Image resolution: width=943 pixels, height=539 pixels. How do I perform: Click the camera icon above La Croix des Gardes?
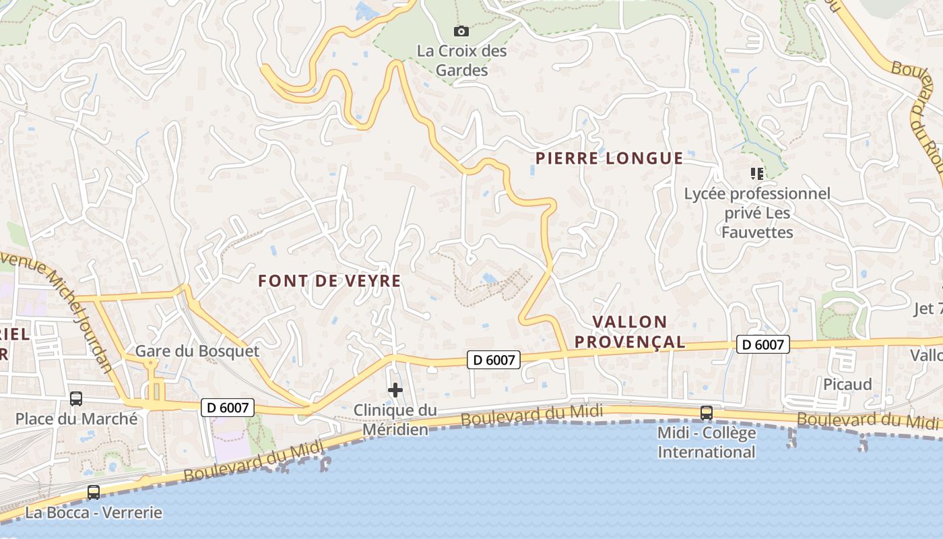461,31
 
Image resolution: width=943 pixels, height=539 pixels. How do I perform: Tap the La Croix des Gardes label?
461,60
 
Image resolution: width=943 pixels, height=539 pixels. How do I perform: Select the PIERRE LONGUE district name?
610,158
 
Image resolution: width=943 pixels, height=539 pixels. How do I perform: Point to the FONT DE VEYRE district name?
329,281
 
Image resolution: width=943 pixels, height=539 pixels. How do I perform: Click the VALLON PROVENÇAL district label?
630,331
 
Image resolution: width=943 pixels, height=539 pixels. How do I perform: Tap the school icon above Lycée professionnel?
757,174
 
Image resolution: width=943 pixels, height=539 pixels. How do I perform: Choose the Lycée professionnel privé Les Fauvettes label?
757,213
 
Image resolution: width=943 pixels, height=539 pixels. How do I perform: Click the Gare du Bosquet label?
197,351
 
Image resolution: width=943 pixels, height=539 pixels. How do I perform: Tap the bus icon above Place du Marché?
76,399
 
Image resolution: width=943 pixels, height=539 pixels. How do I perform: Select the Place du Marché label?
76,418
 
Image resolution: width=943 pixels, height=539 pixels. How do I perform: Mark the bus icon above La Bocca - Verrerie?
94,493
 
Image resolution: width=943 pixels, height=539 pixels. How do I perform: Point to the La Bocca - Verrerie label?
94,513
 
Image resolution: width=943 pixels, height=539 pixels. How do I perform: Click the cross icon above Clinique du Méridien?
395,390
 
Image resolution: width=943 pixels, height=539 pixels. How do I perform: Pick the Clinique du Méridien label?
395,419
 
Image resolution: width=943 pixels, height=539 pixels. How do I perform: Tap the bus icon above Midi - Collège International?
707,412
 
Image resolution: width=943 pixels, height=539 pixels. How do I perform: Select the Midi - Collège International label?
707,442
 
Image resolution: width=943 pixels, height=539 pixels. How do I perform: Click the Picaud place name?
847,384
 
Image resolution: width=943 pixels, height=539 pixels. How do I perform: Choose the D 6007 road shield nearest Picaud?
763,344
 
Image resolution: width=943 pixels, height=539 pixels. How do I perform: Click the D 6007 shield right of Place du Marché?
228,407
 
